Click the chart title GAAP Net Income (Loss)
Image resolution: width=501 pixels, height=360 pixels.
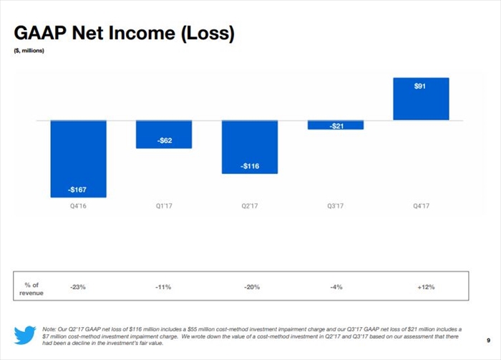[124, 33]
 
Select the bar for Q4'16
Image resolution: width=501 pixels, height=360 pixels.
[78, 157]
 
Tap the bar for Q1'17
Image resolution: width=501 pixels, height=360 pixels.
[164, 134]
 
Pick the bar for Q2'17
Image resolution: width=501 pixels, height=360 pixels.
[250, 146]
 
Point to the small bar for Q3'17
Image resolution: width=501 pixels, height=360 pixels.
[336, 125]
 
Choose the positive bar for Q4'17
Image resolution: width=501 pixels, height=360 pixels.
[421, 99]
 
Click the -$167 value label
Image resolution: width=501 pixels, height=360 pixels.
[78, 190]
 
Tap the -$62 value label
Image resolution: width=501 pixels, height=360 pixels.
[164, 140]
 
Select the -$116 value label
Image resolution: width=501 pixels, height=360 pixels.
[250, 166]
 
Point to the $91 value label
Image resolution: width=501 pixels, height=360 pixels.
[421, 86]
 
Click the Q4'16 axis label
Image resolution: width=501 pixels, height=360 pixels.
[78, 206]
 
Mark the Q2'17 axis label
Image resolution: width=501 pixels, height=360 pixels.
[250, 206]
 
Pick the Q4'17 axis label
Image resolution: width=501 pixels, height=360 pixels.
[421, 206]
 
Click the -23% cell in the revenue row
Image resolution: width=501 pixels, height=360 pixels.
[78, 288]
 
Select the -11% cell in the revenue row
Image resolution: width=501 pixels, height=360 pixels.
[164, 288]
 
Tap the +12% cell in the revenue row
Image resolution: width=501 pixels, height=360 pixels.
[426, 288]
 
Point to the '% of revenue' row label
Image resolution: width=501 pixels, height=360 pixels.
[31, 288]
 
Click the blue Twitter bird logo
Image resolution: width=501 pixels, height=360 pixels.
[25, 335]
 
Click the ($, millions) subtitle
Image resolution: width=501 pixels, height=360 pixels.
[29, 50]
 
